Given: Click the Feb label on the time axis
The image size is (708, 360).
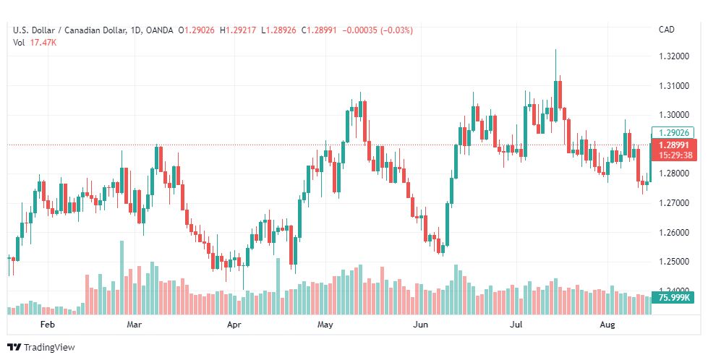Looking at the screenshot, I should click(x=48, y=325).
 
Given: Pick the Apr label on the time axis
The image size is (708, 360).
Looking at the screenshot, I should click(x=234, y=325).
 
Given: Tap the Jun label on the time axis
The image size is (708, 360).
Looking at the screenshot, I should click(x=420, y=325).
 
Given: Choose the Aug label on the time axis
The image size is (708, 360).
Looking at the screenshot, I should click(x=607, y=325).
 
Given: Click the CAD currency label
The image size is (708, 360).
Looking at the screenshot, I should click(x=667, y=30).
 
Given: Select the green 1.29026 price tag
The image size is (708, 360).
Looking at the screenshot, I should click(x=673, y=133).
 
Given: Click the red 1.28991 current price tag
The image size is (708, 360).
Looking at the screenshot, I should click(x=673, y=145).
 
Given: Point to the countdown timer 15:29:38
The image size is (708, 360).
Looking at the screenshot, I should click(x=673, y=155).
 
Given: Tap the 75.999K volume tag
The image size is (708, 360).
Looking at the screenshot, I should click(x=673, y=297).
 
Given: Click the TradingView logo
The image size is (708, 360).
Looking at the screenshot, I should click(x=41, y=348).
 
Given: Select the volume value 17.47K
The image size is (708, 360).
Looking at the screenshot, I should click(x=43, y=43).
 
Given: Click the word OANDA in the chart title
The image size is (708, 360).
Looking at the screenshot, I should click(x=158, y=30).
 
